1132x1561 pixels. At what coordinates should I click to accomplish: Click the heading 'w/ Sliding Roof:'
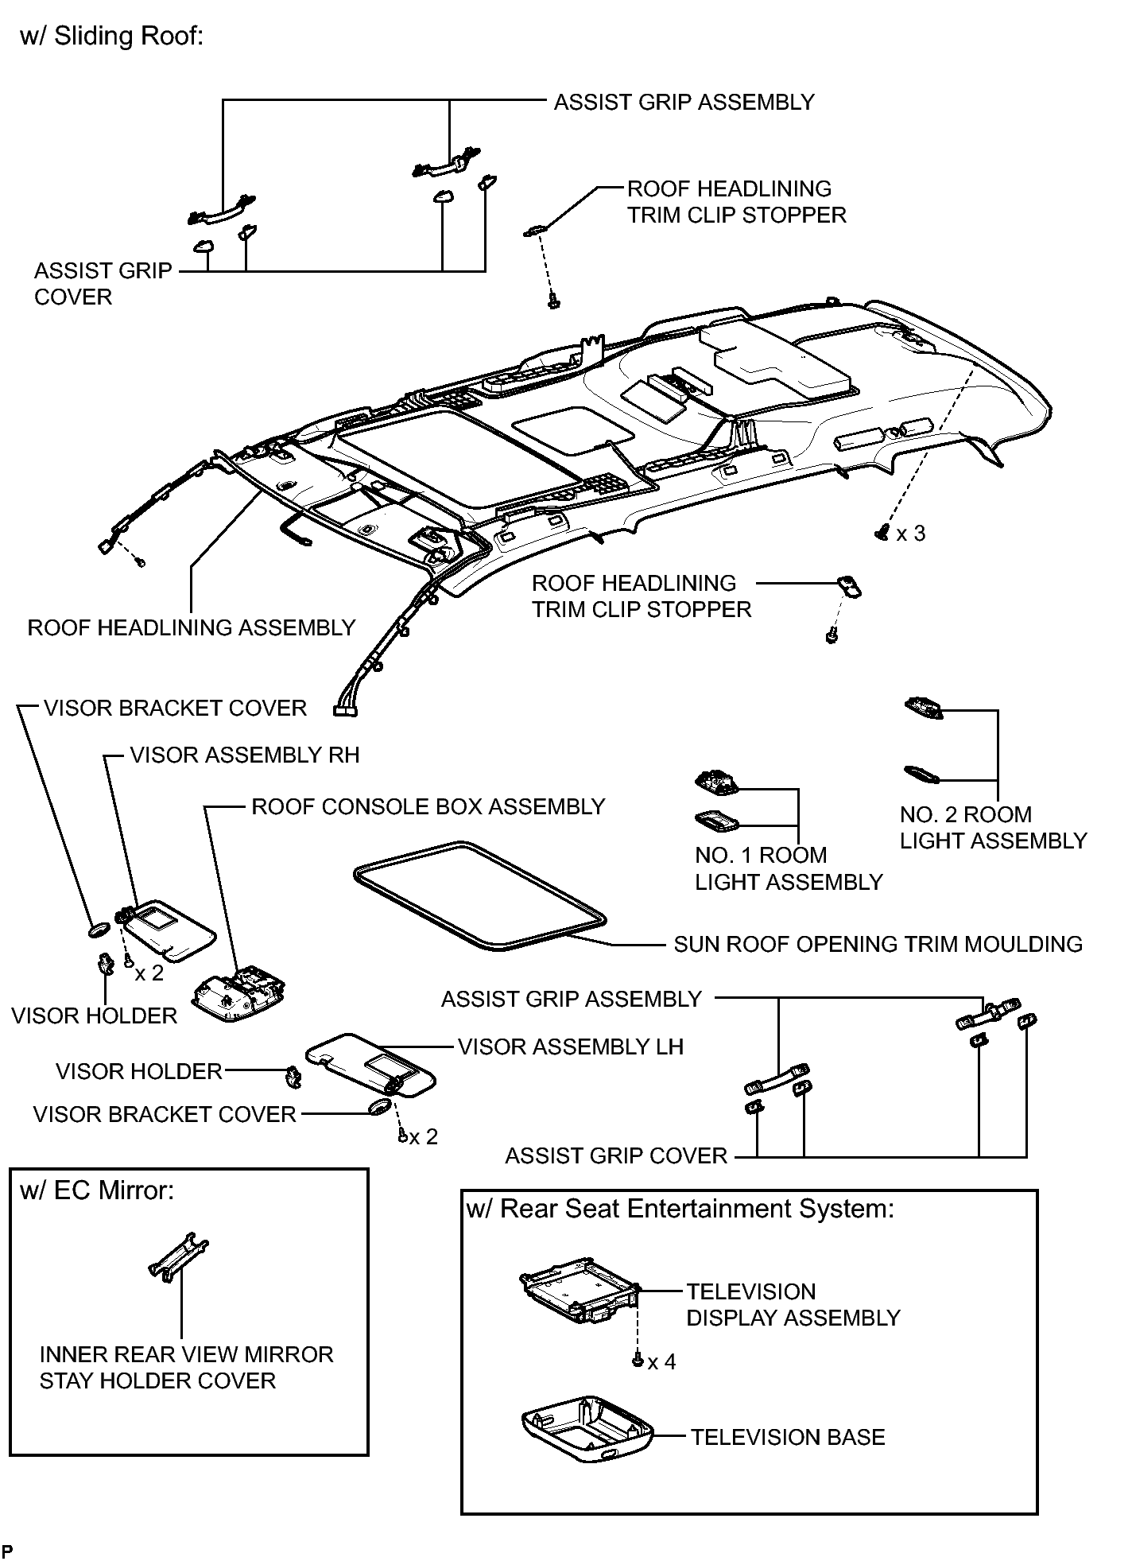click(112, 37)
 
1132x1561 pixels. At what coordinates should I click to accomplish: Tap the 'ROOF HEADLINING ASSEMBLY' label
click(192, 628)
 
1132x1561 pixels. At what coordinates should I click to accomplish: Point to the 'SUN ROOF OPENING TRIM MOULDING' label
click(878, 945)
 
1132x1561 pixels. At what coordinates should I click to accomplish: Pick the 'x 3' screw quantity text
click(911, 534)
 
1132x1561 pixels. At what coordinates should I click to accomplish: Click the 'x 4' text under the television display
click(661, 1362)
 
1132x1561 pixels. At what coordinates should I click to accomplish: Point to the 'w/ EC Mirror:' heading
click(97, 1190)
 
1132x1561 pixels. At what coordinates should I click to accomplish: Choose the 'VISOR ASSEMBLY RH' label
click(245, 755)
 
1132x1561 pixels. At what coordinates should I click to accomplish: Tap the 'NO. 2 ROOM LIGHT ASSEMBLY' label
click(993, 828)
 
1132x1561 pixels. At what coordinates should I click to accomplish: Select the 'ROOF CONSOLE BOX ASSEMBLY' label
click(428, 807)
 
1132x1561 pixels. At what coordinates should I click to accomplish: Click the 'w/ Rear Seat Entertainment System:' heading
click(680, 1210)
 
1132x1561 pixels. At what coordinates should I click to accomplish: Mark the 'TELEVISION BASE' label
click(788, 1438)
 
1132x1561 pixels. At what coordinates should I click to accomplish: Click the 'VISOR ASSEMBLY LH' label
click(571, 1047)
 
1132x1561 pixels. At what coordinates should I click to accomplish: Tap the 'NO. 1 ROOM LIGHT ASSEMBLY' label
click(789, 869)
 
